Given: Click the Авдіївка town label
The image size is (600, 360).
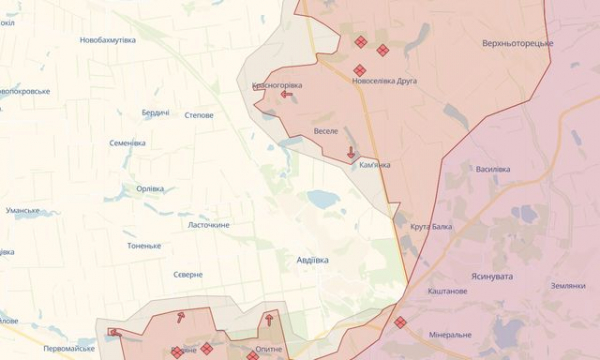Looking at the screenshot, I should tap(312, 260).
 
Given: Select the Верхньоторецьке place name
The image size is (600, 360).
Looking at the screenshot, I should tap(517, 43).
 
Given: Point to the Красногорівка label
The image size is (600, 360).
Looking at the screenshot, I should tap(277, 85).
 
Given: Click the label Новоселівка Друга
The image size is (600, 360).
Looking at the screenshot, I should tap(385, 81).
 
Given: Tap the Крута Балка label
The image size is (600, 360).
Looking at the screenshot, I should tap(431, 227).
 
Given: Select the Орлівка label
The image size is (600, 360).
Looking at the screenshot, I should tap(149, 189).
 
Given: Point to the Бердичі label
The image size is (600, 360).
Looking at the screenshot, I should tap(155, 113).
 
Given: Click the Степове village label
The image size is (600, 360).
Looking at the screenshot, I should tap(199, 115).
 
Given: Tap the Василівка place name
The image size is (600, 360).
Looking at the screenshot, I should tap(493, 169).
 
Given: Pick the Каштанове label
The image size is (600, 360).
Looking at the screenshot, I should tap(447, 291).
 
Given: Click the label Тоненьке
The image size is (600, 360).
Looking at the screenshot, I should tap(144, 246).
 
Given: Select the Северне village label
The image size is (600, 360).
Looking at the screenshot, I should tap(188, 275).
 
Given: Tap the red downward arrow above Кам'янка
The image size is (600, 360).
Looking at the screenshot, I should tap(351, 153).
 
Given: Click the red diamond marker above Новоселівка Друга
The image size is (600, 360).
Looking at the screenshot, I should tap(359, 70).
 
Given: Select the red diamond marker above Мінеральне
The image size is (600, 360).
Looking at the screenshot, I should tap(400, 322).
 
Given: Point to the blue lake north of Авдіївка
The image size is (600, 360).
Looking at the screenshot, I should tap(323, 199).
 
